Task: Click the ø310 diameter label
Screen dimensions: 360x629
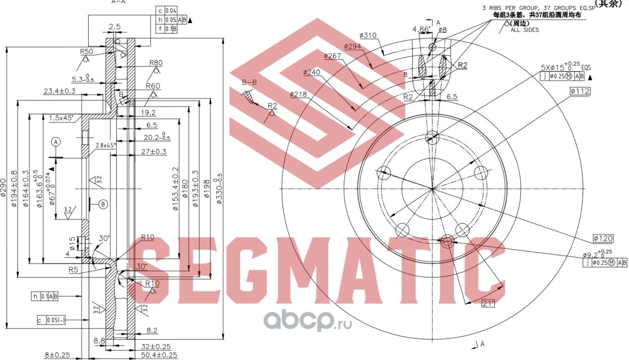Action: click(x=368, y=36)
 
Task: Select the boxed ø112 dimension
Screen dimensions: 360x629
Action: click(x=579, y=91)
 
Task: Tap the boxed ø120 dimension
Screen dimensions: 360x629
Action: click(x=603, y=239)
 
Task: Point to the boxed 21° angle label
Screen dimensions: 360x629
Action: click(x=488, y=304)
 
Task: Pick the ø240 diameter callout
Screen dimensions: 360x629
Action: click(x=312, y=72)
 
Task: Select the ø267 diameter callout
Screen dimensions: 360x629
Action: click(x=333, y=56)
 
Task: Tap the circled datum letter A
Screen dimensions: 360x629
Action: click(x=56, y=142)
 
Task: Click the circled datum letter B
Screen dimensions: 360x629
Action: click(x=103, y=204)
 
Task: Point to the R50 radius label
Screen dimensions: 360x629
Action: click(x=87, y=51)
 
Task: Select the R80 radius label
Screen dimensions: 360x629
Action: click(x=156, y=63)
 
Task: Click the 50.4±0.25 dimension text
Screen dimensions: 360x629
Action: click(x=159, y=355)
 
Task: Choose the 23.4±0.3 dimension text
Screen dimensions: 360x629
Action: click(x=59, y=91)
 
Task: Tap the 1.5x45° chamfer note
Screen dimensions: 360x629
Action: click(x=61, y=118)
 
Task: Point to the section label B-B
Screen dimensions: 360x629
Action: click(x=249, y=82)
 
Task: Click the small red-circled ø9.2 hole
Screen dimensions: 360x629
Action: click(x=447, y=242)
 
